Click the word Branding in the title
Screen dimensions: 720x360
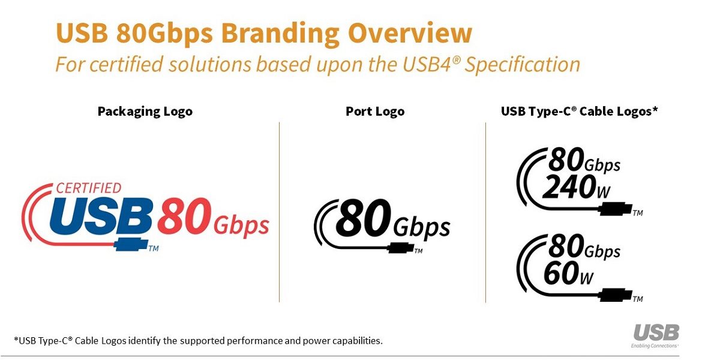click(x=280, y=34)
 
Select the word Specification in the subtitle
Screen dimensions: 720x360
click(x=523, y=65)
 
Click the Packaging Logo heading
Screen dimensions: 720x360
click(x=145, y=112)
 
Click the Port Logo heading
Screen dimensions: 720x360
click(x=375, y=111)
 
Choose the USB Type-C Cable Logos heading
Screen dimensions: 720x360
click(x=579, y=111)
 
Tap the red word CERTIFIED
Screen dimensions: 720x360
click(x=89, y=188)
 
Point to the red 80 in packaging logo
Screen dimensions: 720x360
click(x=184, y=217)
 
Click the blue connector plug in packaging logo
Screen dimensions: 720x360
click(x=131, y=244)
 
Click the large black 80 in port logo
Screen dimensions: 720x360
click(x=364, y=218)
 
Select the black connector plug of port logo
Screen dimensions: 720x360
click(x=401, y=248)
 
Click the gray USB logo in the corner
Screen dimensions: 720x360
click(x=656, y=332)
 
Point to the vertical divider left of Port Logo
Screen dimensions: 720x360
click(x=280, y=212)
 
